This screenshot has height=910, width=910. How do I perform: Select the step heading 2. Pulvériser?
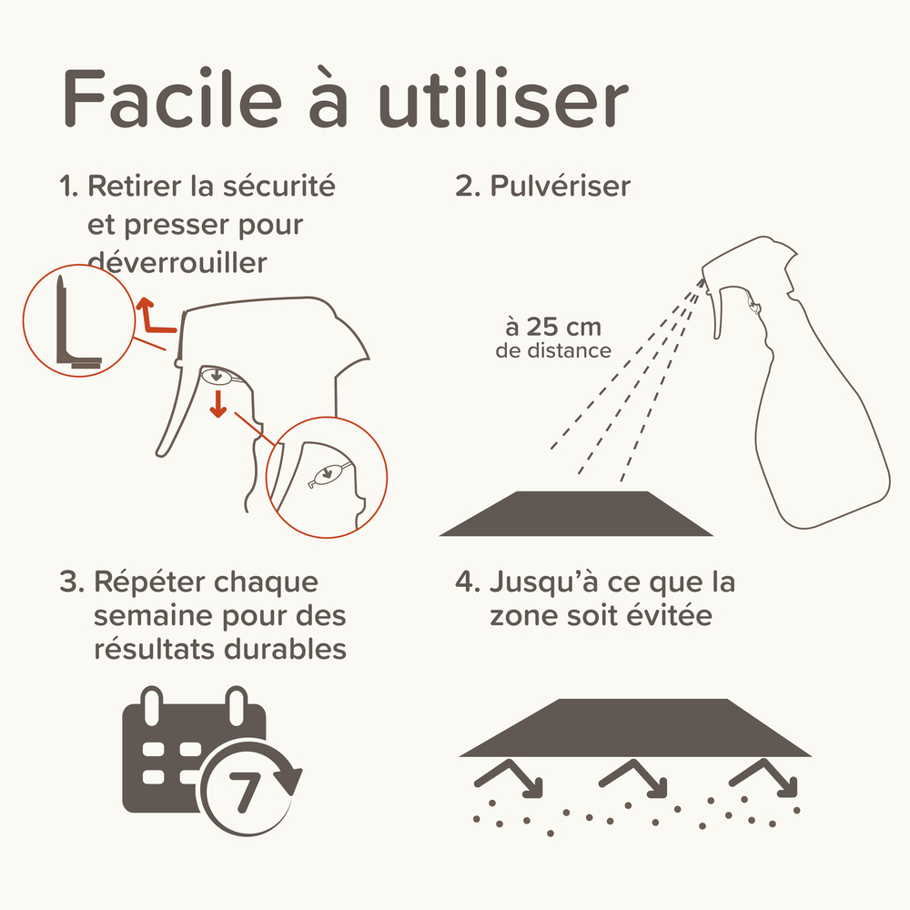(x=542, y=187)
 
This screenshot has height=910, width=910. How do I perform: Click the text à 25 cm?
(x=552, y=327)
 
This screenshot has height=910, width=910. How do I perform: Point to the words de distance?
(x=553, y=350)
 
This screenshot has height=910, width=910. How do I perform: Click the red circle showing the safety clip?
(x=73, y=323)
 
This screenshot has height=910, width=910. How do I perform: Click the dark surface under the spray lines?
(x=575, y=514)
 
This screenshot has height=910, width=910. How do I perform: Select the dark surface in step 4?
(x=635, y=728)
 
